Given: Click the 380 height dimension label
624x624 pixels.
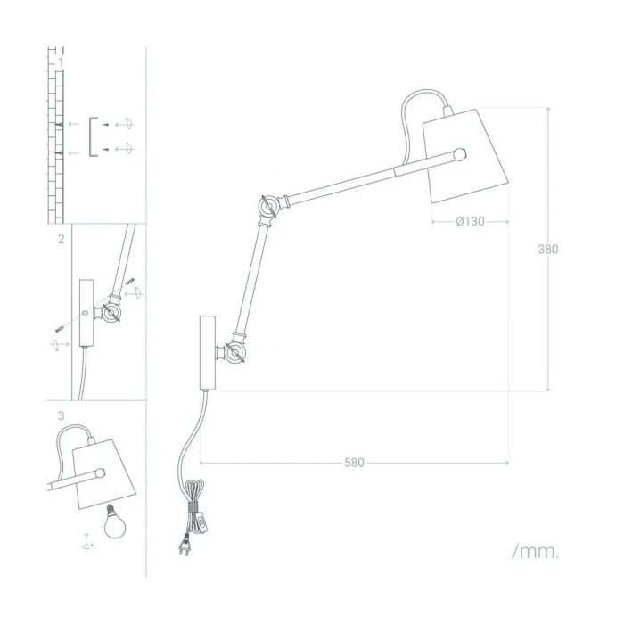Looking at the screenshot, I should click(547, 250).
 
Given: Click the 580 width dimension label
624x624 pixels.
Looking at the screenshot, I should click(354, 463).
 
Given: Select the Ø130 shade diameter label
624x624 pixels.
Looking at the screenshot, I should click(470, 222).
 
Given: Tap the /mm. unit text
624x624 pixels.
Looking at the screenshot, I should click(536, 552).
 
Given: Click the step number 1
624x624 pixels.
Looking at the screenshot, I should click(60, 62).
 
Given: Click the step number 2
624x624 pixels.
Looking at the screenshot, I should click(60, 239).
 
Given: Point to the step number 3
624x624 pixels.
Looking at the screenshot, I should click(60, 415).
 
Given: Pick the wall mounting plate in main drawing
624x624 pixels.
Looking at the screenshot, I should click(206, 353).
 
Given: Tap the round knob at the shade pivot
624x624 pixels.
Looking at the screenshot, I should click(459, 154).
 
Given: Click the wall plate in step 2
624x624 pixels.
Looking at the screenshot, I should click(86, 313).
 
